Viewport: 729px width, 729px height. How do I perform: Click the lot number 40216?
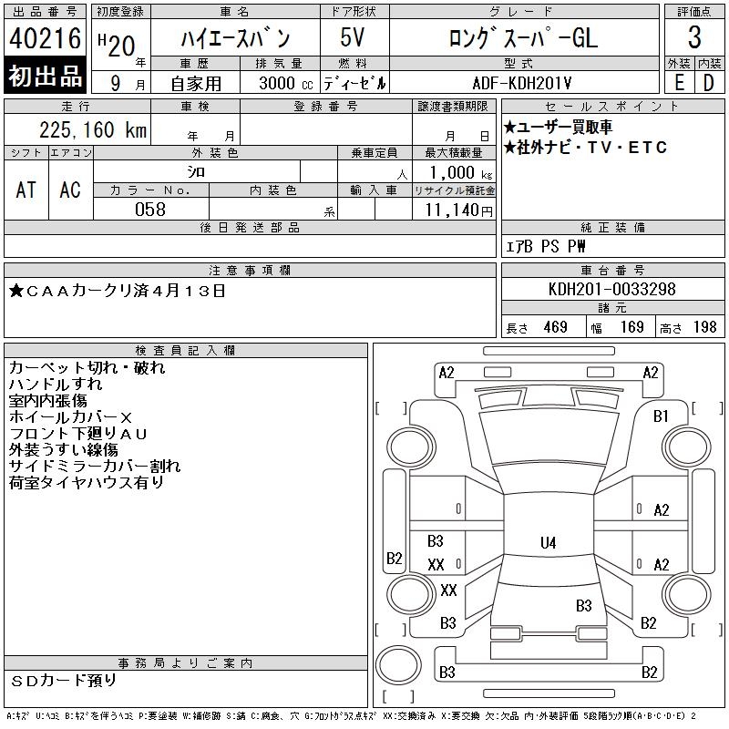(x=45, y=38)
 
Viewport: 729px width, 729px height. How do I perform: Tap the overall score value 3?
(x=694, y=37)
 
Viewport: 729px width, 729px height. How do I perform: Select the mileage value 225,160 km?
(x=93, y=129)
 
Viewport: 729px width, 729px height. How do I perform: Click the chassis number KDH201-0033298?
(x=611, y=289)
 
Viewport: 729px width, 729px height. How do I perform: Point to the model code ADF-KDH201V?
(x=521, y=83)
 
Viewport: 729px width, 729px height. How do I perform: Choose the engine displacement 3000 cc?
(x=286, y=83)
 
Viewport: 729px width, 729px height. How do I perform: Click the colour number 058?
(x=150, y=210)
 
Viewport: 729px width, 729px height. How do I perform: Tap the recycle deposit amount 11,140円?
(x=458, y=210)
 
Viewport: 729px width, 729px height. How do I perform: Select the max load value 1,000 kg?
(x=460, y=172)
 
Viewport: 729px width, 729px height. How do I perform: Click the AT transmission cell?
(x=26, y=190)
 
